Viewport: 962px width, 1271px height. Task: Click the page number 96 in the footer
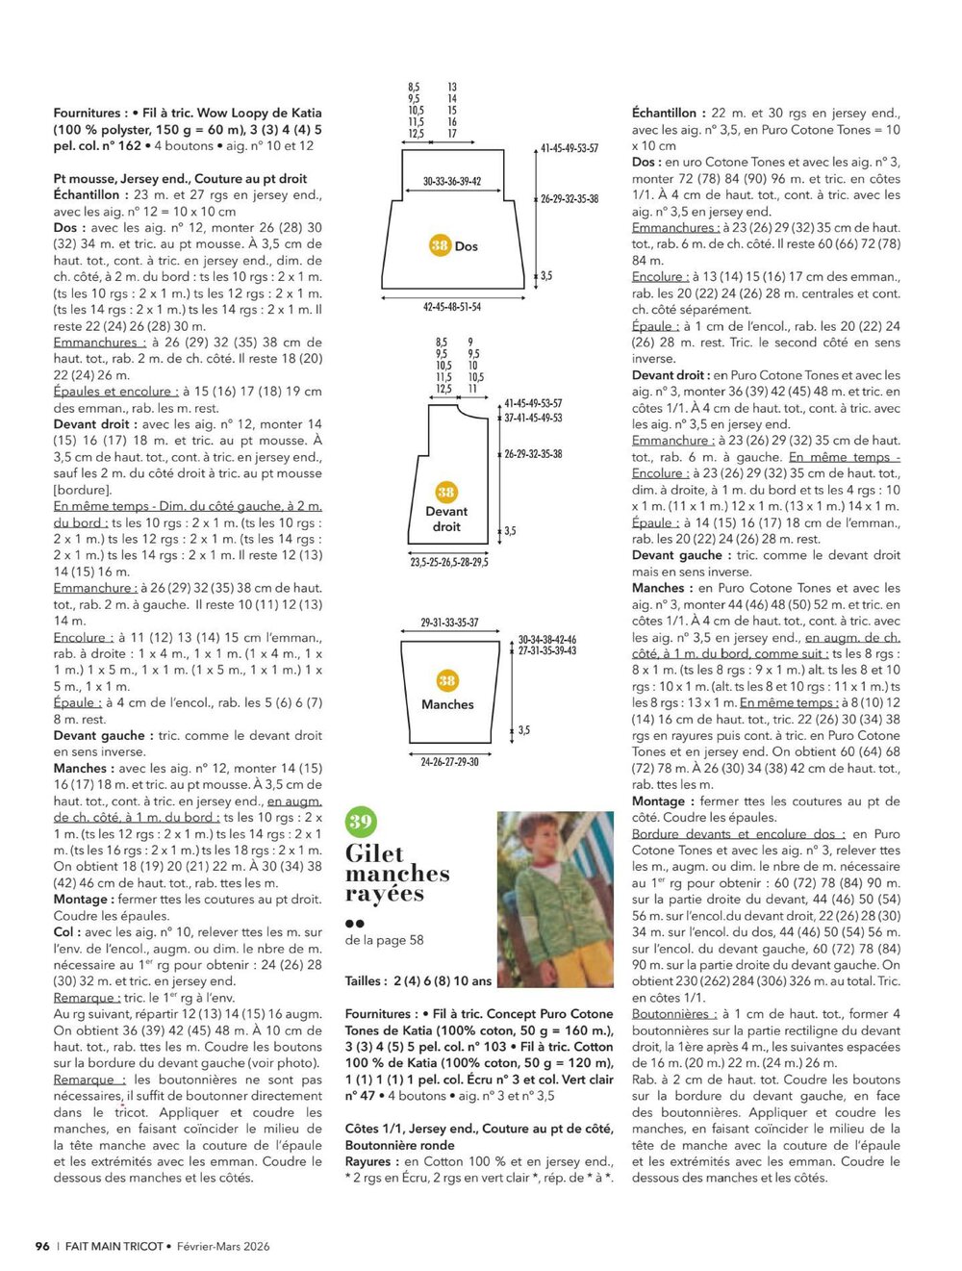42,1246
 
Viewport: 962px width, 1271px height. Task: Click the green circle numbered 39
361,822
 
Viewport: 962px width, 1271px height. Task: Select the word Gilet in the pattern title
375,853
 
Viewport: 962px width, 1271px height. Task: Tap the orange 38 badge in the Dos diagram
440,245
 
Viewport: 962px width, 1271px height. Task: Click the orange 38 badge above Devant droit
446,493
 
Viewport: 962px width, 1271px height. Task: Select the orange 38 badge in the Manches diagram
447,681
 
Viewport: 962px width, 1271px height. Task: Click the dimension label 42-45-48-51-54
452,307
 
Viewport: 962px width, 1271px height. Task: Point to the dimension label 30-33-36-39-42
452,181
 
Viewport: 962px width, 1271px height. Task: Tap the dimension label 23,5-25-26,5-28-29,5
449,561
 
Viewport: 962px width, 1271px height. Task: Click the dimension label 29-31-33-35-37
449,623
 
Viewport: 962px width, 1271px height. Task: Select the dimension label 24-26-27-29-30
449,762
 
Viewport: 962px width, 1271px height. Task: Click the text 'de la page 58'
384,940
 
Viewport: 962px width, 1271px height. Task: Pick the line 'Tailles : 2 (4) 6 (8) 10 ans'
418,981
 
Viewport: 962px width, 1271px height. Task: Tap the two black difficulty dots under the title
354,923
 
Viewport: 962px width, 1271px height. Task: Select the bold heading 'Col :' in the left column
67,932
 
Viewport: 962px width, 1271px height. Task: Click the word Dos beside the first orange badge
467,246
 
